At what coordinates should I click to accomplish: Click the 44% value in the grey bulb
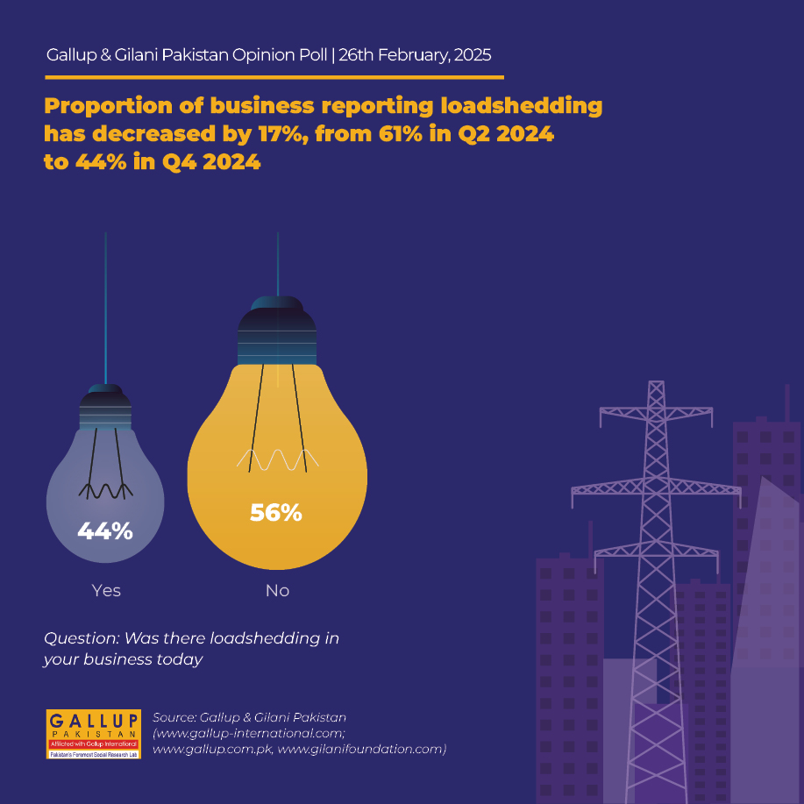click(x=105, y=530)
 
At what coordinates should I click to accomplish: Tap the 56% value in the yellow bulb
click(x=276, y=513)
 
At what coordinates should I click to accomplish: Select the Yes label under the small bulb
click(x=106, y=590)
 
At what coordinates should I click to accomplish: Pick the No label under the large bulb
click(x=277, y=590)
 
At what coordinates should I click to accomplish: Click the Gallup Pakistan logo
click(x=93, y=734)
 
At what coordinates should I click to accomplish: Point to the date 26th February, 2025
click(x=415, y=55)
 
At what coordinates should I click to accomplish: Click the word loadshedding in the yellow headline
click(x=522, y=105)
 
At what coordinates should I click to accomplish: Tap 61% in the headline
click(x=401, y=134)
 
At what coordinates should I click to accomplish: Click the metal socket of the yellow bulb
click(x=277, y=331)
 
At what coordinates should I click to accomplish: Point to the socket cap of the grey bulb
click(x=105, y=407)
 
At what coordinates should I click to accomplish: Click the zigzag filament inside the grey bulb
click(x=105, y=491)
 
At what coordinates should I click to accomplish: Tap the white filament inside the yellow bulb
click(x=277, y=459)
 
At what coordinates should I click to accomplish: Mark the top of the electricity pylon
click(x=657, y=382)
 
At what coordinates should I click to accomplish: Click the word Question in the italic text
click(x=82, y=638)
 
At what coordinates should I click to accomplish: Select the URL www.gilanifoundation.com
click(x=361, y=749)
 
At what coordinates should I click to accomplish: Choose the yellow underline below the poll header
click(x=274, y=77)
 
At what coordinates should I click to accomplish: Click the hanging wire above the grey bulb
click(x=105, y=308)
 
